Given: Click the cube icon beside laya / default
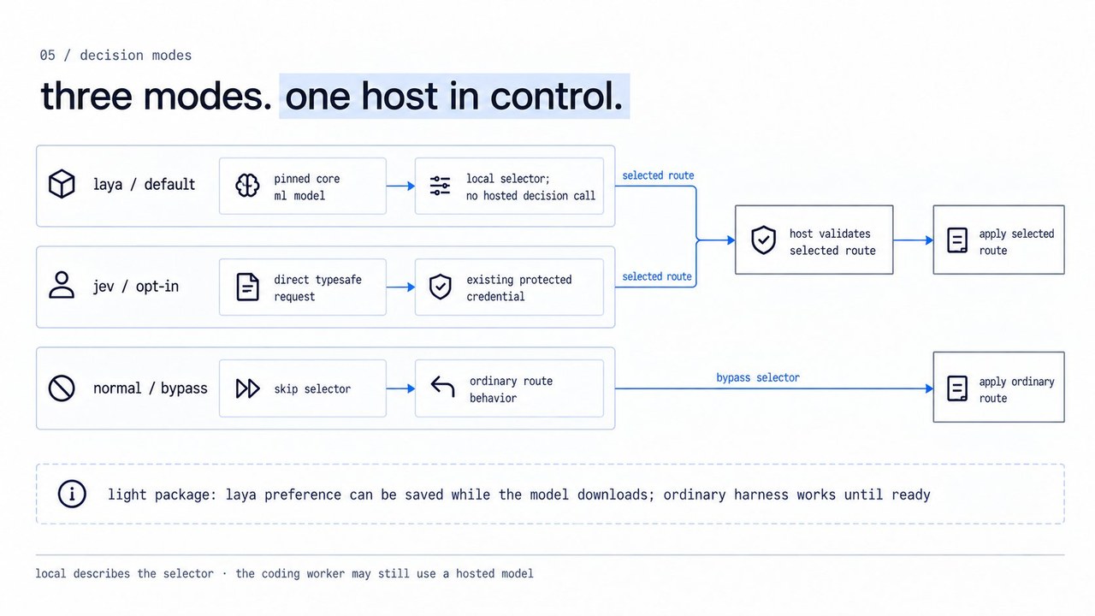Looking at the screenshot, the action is point(62,184).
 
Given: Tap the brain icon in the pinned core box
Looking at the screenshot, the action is point(247,186).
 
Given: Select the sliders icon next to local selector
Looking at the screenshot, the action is point(440,186).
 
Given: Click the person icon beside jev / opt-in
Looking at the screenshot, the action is point(62,285).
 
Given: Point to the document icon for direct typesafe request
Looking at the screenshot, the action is point(248,287).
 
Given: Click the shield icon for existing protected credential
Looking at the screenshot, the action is point(440,287).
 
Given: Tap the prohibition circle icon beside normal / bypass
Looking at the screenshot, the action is point(62,388).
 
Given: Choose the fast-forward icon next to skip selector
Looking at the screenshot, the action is point(248,388).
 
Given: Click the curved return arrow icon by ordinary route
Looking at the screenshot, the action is point(442,386).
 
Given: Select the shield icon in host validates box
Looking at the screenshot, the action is point(764,240).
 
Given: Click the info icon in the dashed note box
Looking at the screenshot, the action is point(72,494).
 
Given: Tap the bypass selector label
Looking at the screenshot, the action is point(758,377).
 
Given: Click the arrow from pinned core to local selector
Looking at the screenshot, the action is point(401,186).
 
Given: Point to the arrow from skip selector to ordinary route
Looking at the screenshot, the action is point(401,388).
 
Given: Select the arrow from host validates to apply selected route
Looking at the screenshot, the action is point(913,240).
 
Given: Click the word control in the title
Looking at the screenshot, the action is point(556,96).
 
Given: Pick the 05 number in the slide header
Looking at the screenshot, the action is point(47,56).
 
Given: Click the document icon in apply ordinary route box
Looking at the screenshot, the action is point(957,388).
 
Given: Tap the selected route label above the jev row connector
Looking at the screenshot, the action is point(656,276).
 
